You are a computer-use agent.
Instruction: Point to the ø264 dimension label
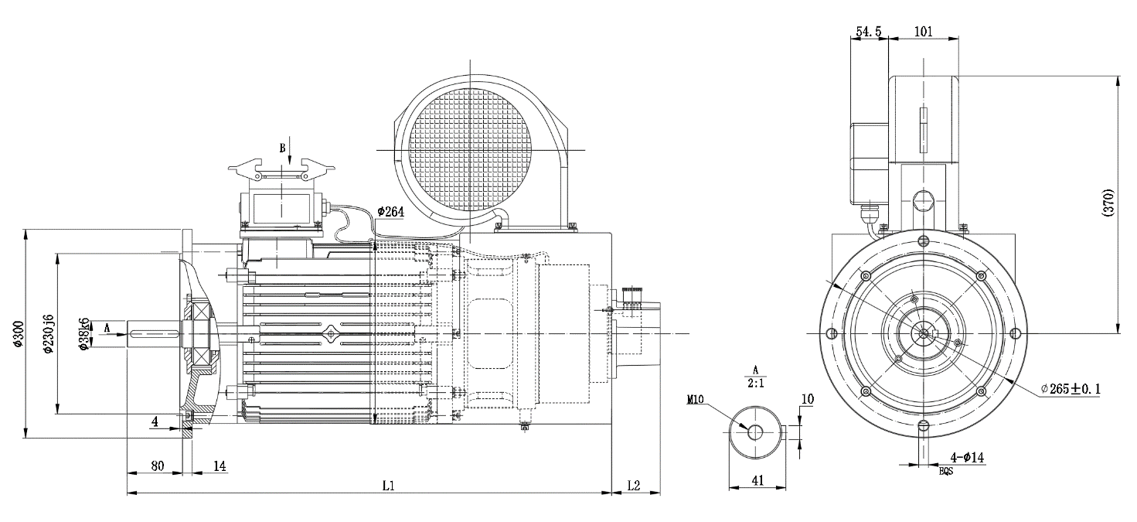(x=391, y=212)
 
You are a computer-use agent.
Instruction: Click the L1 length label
(x=389, y=486)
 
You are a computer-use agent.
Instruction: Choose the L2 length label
(x=634, y=486)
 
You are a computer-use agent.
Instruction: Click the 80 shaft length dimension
(x=157, y=466)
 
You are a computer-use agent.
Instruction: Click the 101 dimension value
(x=923, y=32)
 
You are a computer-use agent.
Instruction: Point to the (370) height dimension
(x=1108, y=203)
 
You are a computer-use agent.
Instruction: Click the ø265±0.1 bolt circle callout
(x=1070, y=388)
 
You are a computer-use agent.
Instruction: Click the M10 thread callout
(x=696, y=400)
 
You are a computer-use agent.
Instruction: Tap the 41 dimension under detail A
(x=757, y=480)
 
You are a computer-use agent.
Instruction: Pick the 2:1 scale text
(x=755, y=382)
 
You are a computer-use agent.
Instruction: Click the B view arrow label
(x=283, y=147)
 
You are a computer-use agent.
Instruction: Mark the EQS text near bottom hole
(x=946, y=470)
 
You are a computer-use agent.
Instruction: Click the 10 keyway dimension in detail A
(x=808, y=399)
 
